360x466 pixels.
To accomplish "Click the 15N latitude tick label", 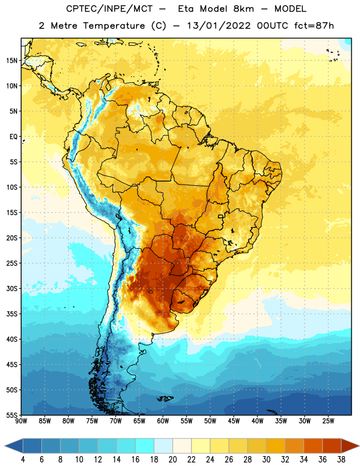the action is click(12, 61).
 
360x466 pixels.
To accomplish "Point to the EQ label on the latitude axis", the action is click(13, 137).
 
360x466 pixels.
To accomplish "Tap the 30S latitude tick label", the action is click(12, 288).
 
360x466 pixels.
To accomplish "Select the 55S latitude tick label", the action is click(12, 415).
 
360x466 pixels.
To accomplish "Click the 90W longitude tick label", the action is click(21, 421).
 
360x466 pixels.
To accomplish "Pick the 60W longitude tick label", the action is click(163, 421).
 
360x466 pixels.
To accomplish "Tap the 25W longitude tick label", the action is click(328, 421).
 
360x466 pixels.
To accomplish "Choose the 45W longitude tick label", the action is click(234, 421).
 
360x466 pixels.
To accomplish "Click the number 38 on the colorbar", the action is click(341, 460).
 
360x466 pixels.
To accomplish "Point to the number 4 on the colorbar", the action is click(23, 460).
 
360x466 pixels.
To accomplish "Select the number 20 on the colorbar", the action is click(172, 460).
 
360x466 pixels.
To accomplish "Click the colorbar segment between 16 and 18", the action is click(145, 446).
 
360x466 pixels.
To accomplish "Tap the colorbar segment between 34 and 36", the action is click(313, 446).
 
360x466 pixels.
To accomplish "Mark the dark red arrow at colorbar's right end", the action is click(350, 446).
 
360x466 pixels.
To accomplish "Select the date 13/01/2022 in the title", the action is click(219, 26).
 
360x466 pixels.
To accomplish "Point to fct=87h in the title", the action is click(314, 26).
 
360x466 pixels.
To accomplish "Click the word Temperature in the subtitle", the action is click(114, 26).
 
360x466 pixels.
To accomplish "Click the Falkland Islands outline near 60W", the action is click(165, 398).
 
